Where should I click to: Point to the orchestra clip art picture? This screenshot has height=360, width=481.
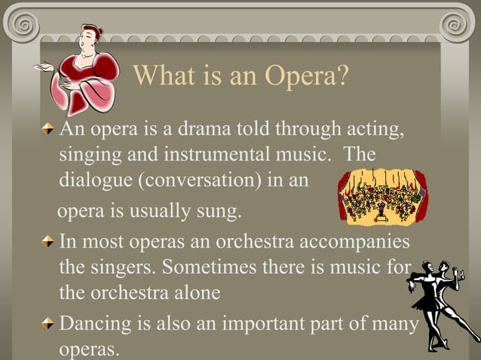pos(381,197)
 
